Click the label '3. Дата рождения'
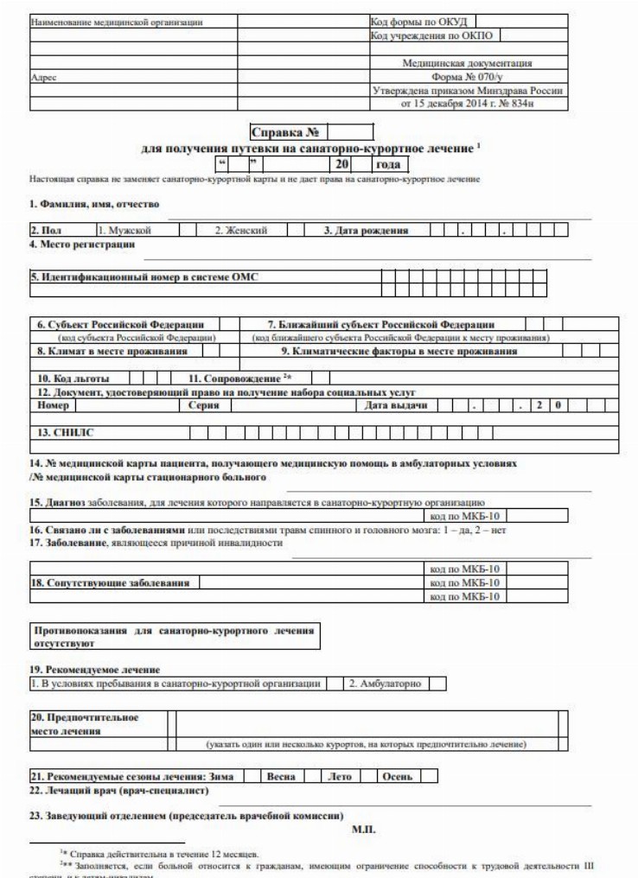point(367,232)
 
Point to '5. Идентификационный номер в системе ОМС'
point(144,277)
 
